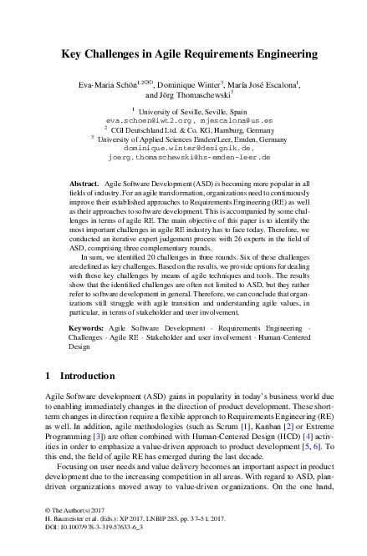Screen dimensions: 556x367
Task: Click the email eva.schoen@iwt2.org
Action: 141,119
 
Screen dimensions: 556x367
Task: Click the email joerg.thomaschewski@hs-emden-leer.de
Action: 184,157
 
